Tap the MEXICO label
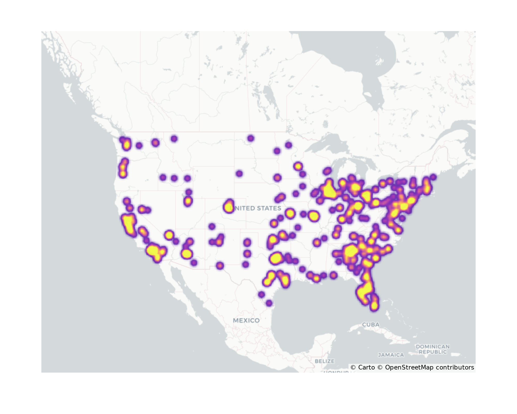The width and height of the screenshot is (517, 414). click(x=246, y=320)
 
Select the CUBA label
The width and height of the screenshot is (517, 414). click(x=371, y=324)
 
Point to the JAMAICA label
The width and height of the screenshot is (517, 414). click(x=391, y=355)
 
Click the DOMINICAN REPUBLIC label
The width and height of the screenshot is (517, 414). click(x=433, y=349)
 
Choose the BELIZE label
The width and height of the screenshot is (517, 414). click(x=325, y=361)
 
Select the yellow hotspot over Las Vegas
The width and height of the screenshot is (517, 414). click(x=169, y=235)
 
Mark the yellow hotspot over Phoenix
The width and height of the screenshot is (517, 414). click(x=186, y=254)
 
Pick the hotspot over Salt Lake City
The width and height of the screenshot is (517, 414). click(x=188, y=201)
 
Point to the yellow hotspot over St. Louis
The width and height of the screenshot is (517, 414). click(x=314, y=216)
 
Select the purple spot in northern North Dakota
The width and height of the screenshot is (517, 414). click(x=250, y=138)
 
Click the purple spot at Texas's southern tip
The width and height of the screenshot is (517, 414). click(x=269, y=303)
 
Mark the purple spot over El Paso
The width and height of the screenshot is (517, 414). click(x=219, y=265)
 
